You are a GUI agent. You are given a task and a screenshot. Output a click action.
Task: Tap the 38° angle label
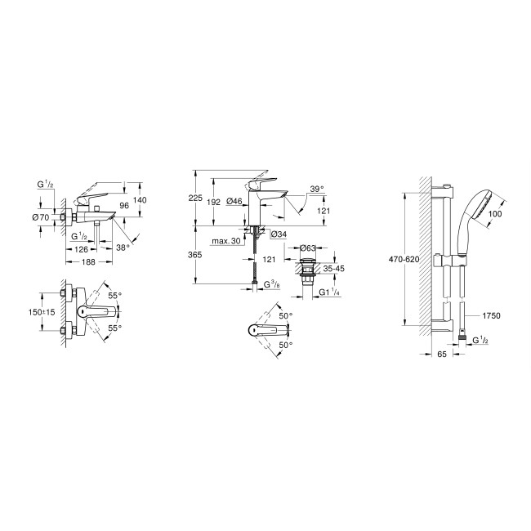[122, 247]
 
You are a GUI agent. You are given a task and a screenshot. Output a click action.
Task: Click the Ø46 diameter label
[234, 202]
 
